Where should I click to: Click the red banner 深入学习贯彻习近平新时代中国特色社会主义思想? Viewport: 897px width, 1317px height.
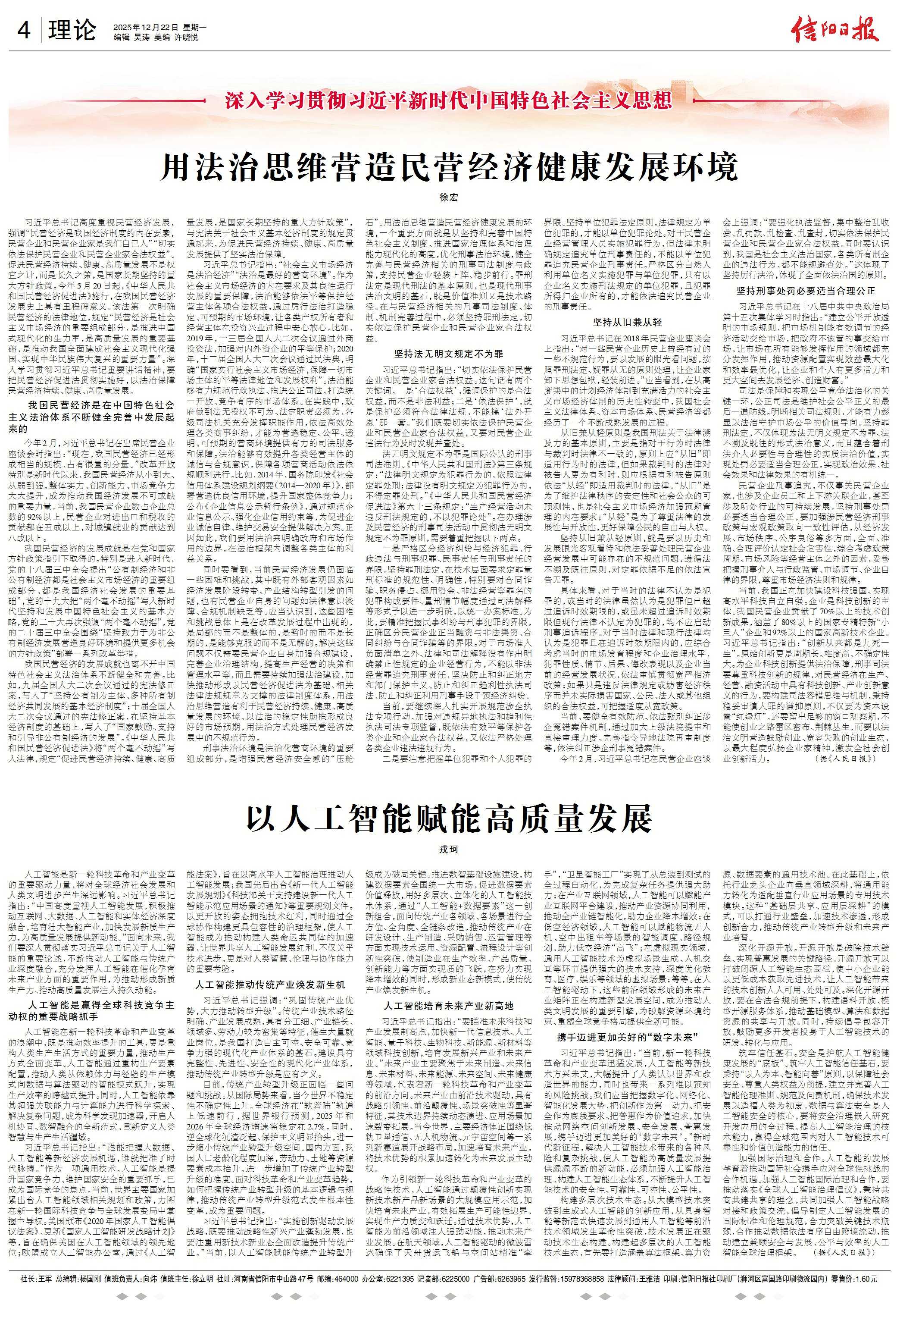[x=448, y=101]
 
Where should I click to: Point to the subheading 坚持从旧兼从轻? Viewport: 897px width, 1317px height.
[x=627, y=323]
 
